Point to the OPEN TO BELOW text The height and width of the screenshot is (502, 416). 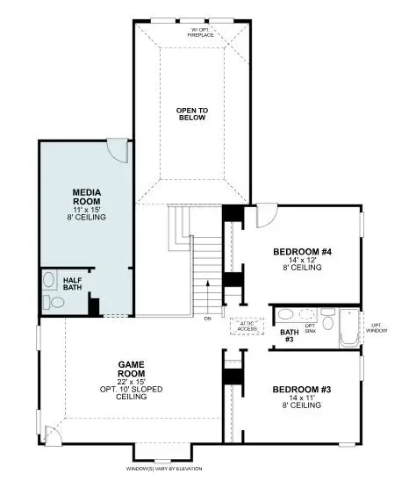tap(191, 115)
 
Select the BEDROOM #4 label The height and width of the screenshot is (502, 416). tap(302, 252)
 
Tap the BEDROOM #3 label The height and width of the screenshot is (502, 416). tap(302, 389)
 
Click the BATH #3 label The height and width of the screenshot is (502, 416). tap(289, 336)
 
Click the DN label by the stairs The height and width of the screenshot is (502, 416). tap(208, 319)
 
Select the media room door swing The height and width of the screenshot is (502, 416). tap(117, 151)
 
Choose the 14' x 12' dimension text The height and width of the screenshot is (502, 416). tap(302, 261)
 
